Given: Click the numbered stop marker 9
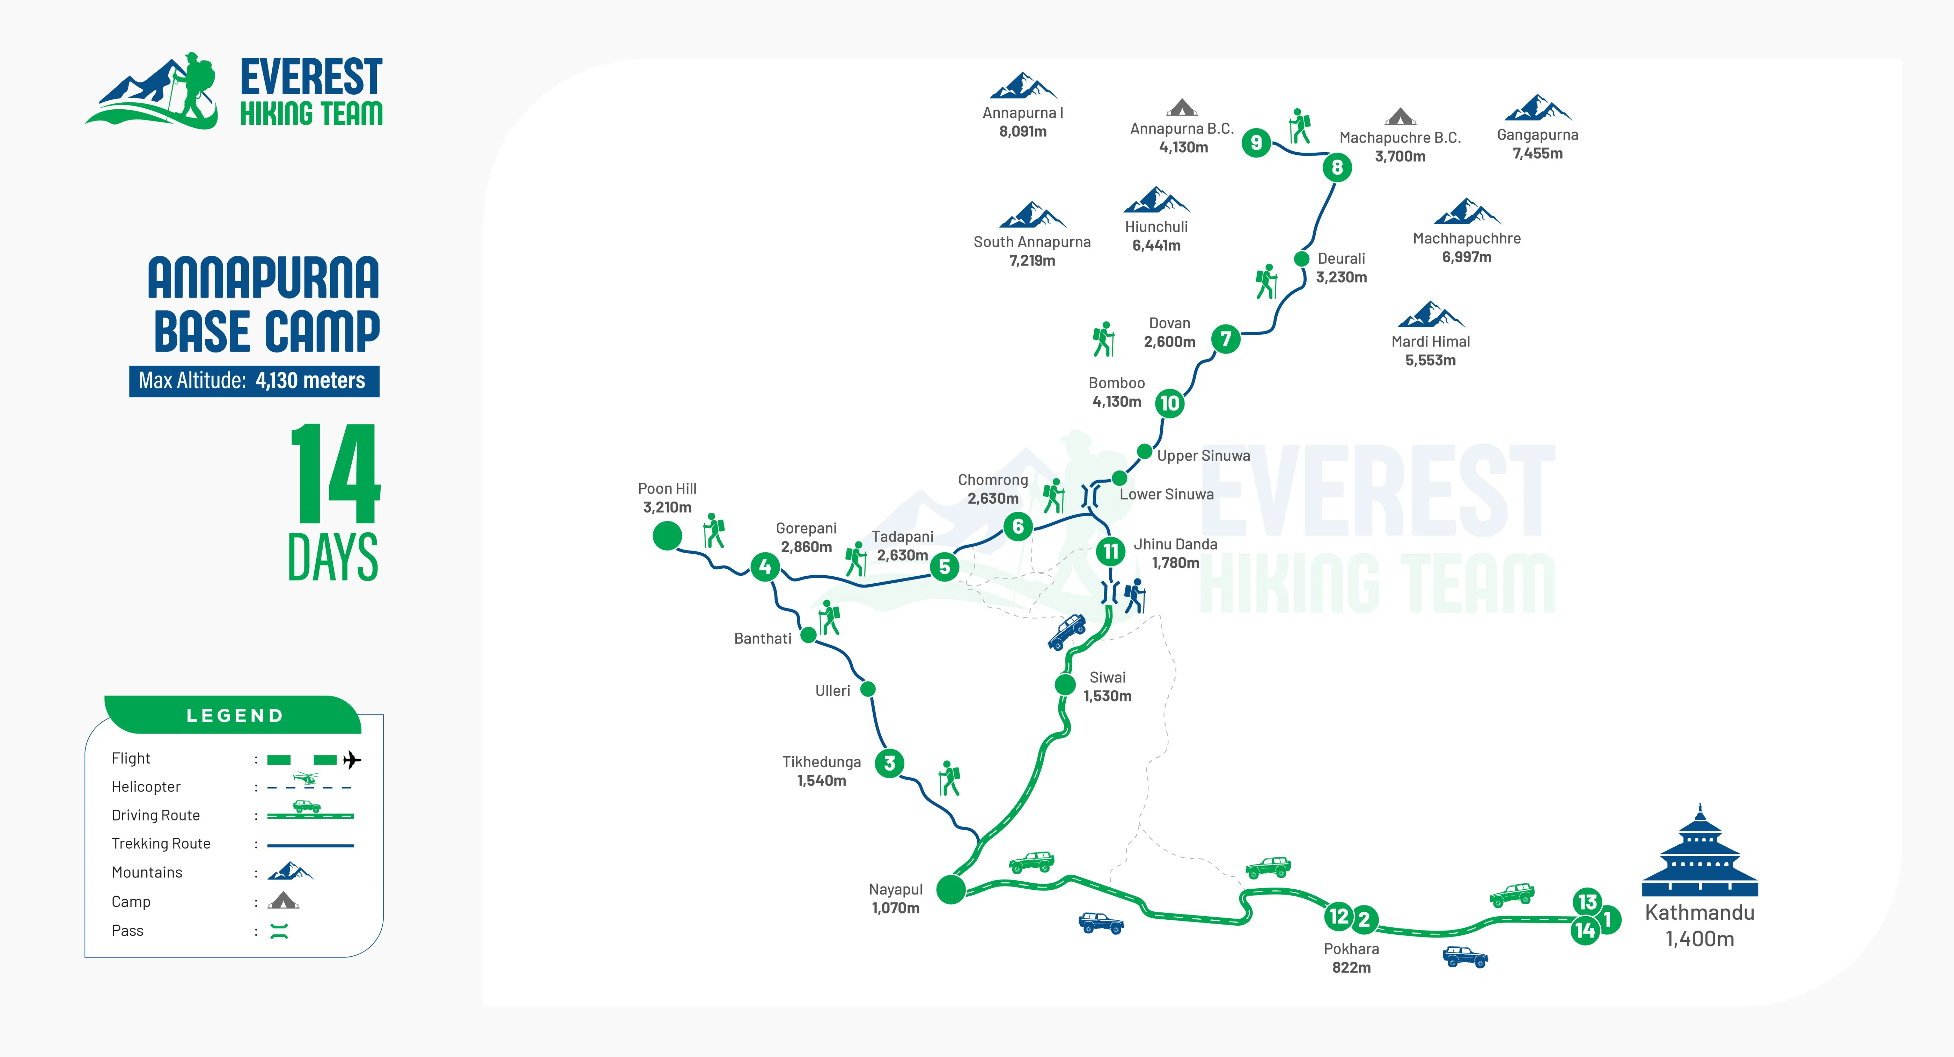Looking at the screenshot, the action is click(x=1256, y=142).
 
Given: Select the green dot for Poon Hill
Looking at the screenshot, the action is click(x=667, y=536).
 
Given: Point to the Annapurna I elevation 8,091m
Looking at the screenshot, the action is click(x=1022, y=131).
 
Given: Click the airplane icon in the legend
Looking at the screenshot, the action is click(x=352, y=759).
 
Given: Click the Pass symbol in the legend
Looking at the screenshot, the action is click(x=279, y=931).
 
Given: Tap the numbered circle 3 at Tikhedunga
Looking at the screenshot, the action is click(x=890, y=763).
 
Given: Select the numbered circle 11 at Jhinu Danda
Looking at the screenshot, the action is click(x=1110, y=551).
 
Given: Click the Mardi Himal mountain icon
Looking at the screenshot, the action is click(x=1431, y=314).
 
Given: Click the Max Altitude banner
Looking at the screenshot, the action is click(x=254, y=381).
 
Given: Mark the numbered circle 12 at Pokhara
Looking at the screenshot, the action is click(x=1339, y=916).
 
